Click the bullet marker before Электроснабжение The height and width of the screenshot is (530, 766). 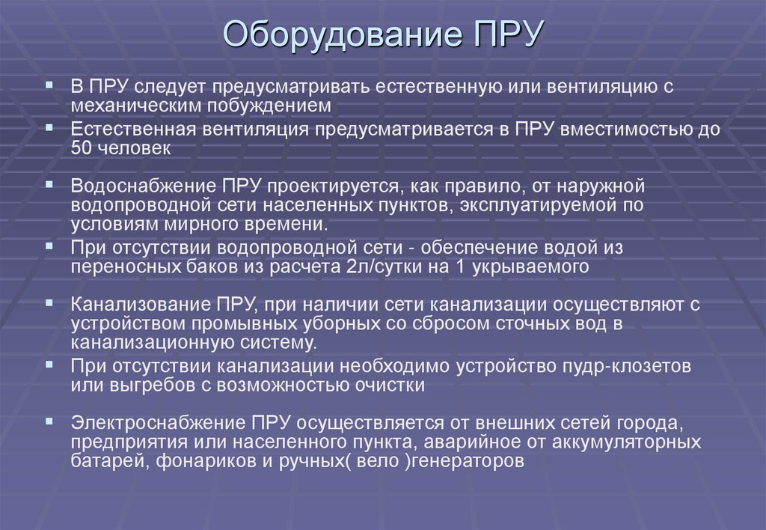(49, 421)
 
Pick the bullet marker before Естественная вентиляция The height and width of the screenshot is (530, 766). (49, 127)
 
